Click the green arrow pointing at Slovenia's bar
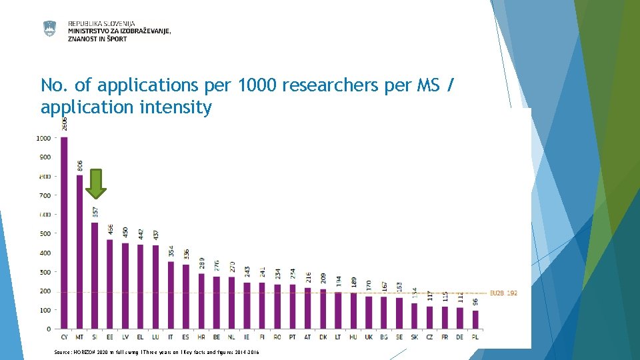96,183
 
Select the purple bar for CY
65,233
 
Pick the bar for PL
475,319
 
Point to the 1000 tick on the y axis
43,139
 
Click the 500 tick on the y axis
43,234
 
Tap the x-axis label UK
369,338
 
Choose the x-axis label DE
460,338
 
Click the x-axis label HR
201,338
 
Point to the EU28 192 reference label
503,293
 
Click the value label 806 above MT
80,166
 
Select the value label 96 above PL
475,301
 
